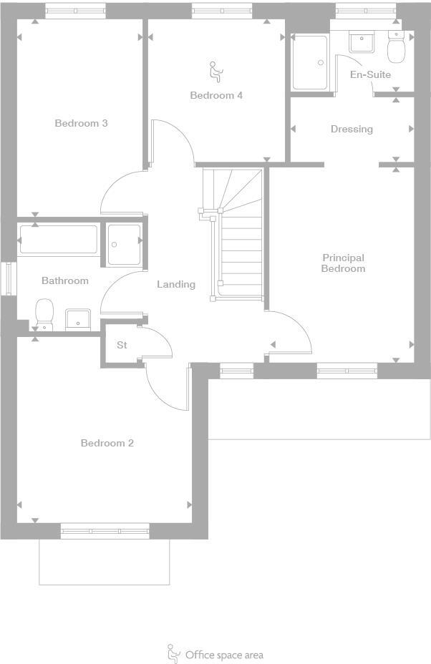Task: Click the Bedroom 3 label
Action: [81, 123]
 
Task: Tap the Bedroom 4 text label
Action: [215, 95]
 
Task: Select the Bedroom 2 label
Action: [107, 443]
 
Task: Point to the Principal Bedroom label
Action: [343, 263]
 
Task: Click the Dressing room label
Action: [352, 129]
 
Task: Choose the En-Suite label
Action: [370, 74]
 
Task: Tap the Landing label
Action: [176, 284]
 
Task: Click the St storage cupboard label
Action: [122, 345]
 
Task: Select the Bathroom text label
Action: [64, 280]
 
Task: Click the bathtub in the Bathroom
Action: [59, 240]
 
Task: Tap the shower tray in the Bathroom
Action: [124, 244]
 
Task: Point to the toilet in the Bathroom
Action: [44, 313]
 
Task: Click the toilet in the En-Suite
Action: [395, 47]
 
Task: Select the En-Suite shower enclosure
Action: [310, 62]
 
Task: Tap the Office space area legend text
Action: [224, 655]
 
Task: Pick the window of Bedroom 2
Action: [105, 531]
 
